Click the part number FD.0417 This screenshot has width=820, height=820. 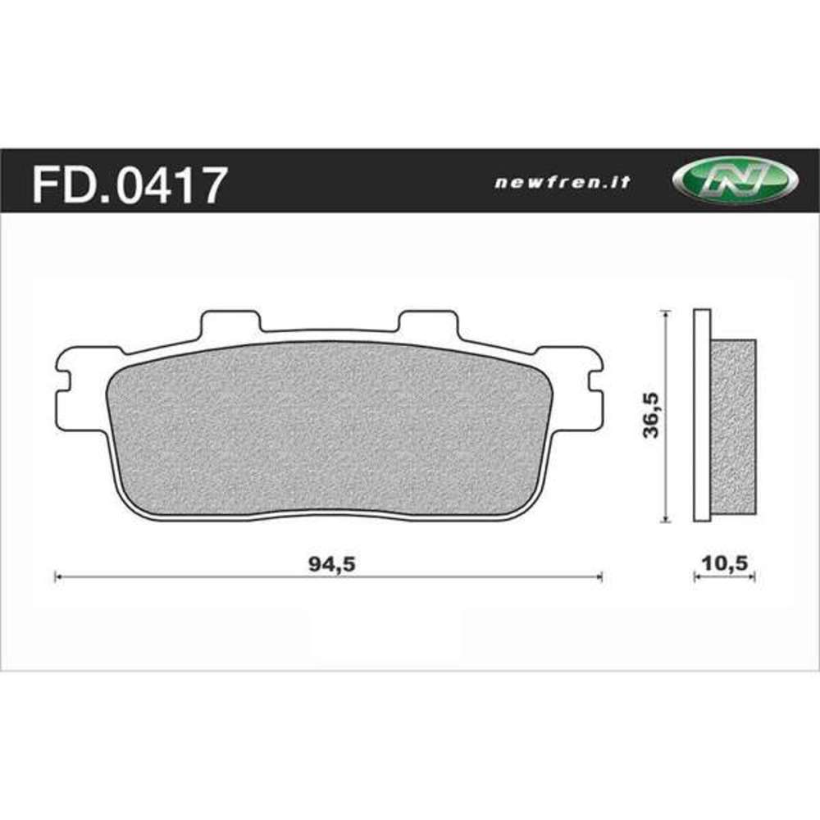point(127,184)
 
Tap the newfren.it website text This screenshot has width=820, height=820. point(563,183)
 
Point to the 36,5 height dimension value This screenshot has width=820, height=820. point(653,416)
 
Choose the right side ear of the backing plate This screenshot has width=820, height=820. point(589,385)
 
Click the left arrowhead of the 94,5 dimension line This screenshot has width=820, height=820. point(57,578)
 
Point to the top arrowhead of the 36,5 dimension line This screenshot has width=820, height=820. point(667,313)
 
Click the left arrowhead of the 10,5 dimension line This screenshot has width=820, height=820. point(697,578)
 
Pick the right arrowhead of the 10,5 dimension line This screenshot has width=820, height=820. point(752,578)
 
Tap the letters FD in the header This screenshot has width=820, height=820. point(57,184)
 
